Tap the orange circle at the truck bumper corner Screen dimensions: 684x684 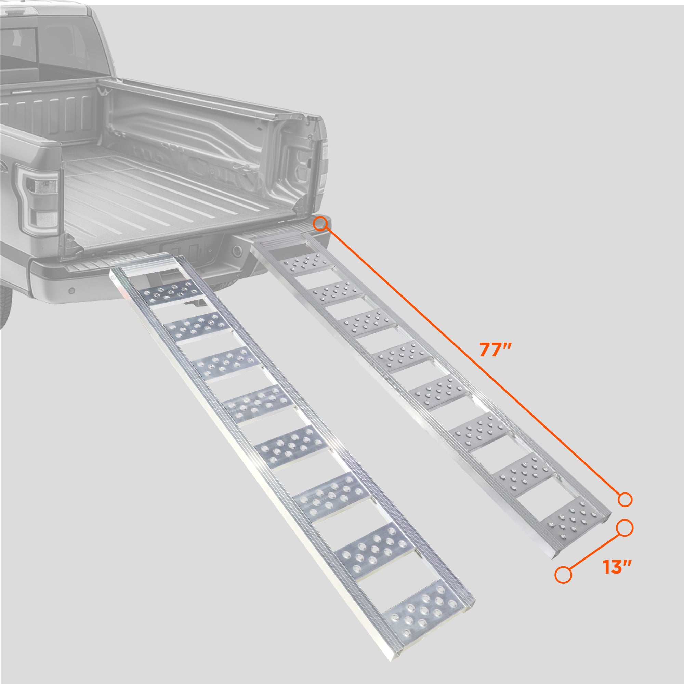pos(320,224)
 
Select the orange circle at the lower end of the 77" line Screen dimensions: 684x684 pos(625,500)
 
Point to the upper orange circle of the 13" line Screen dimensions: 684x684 pos(625,537)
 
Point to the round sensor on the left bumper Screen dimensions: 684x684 pos(72,291)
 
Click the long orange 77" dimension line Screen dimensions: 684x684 pos(472,362)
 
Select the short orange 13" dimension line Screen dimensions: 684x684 pos(594,561)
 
